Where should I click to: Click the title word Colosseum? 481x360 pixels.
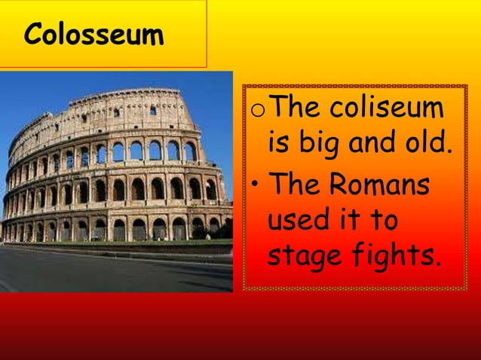click(93, 35)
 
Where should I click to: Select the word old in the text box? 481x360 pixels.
click(428, 143)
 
